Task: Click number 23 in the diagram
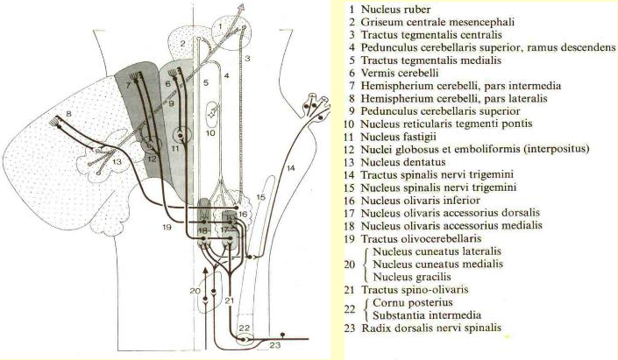tap(274, 345)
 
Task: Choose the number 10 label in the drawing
tap(210, 134)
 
